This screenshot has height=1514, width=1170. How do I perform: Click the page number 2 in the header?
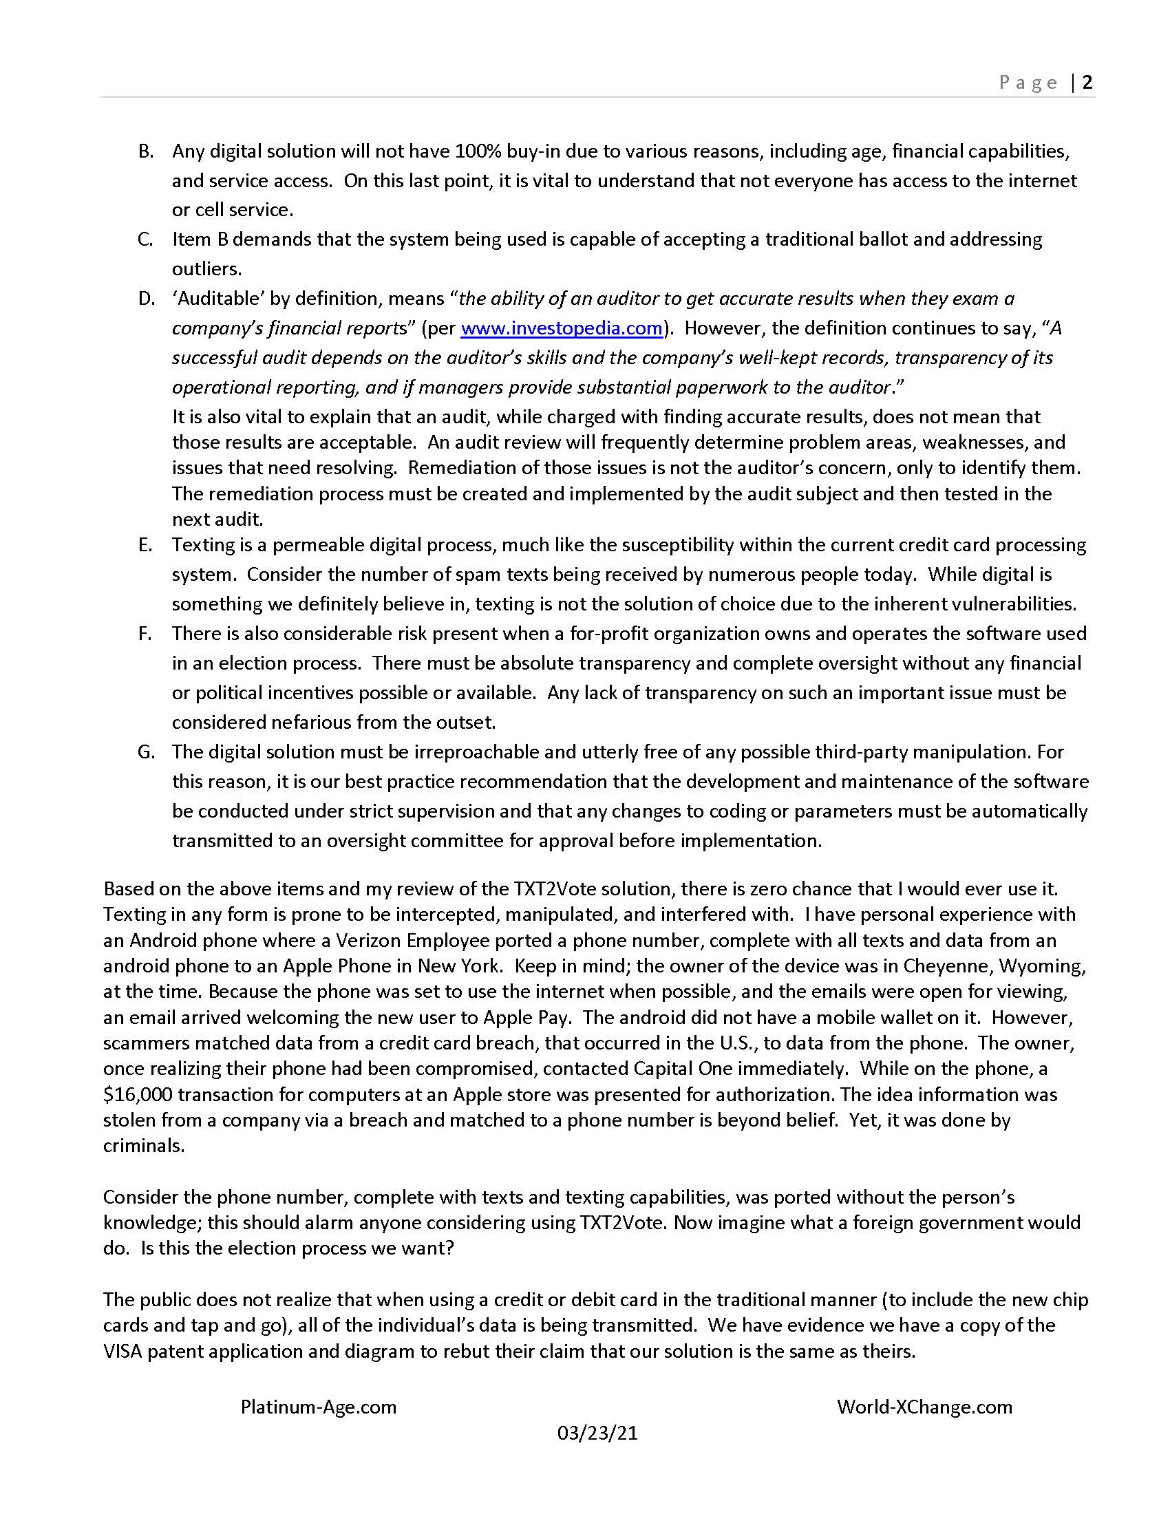coord(1087,83)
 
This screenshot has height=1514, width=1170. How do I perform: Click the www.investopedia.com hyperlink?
coord(562,328)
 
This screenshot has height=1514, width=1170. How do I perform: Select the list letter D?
coord(145,299)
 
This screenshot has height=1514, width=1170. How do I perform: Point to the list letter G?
coord(145,752)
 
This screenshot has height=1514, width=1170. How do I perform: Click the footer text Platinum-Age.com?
coord(318,1407)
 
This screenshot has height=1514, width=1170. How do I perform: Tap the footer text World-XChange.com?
coord(924,1407)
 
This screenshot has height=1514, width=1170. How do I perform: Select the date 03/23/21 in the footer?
coord(597,1433)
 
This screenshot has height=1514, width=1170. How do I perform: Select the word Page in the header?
coord(1028,83)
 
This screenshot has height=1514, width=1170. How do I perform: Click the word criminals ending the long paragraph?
coord(143,1146)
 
